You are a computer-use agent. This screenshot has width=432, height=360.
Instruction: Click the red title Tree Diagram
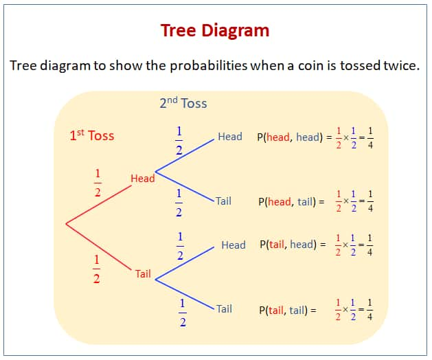click(215, 30)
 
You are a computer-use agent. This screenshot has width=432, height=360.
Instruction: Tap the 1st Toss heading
click(91, 135)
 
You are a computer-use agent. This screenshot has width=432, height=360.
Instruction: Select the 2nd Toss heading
click(183, 104)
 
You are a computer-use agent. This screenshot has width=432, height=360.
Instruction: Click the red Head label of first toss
click(142, 179)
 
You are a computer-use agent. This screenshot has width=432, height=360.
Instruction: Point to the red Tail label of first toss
click(143, 274)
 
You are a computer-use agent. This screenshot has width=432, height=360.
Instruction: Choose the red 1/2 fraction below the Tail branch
click(96, 269)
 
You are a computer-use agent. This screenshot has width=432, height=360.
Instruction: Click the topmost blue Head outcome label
click(229, 137)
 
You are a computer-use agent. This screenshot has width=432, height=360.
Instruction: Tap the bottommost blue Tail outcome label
click(224, 309)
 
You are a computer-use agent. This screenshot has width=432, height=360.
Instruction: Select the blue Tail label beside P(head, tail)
click(223, 201)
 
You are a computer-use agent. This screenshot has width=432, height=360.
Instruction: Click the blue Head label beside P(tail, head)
click(233, 245)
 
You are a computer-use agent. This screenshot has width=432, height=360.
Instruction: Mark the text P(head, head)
click(288, 137)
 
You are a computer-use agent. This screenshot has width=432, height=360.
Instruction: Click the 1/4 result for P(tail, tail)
click(370, 311)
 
